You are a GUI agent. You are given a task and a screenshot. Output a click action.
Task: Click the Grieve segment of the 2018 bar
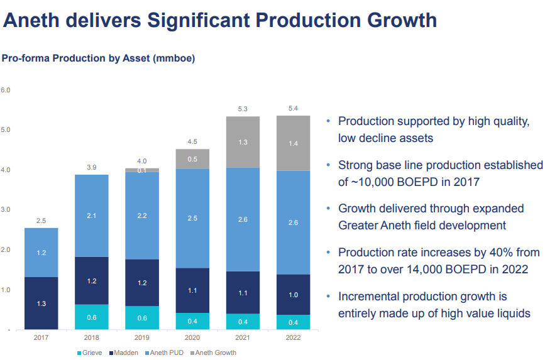click(x=92, y=317)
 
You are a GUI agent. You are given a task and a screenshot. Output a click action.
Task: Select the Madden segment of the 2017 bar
click(x=41, y=303)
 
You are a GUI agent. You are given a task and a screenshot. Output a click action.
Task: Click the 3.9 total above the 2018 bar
click(x=92, y=168)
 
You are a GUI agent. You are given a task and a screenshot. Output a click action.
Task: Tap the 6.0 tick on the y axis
click(x=6, y=90)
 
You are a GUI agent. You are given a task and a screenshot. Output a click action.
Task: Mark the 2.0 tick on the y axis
click(x=6, y=250)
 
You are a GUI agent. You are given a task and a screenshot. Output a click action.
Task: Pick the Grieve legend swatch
click(x=79, y=353)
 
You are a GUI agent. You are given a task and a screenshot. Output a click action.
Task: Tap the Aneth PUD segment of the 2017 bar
click(x=41, y=253)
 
